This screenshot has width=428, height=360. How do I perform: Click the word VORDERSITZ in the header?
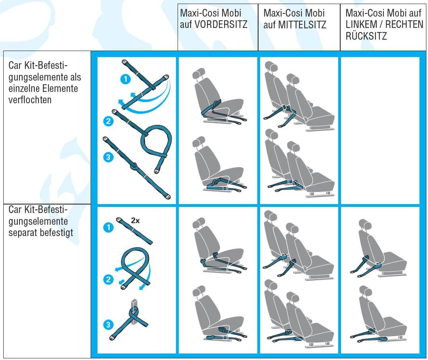(x=220, y=25)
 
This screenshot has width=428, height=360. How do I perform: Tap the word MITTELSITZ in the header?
(x=302, y=25)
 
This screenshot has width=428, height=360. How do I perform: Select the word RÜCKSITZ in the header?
(x=366, y=36)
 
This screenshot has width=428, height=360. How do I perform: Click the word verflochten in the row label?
(x=30, y=100)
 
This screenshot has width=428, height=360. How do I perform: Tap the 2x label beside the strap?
(x=135, y=220)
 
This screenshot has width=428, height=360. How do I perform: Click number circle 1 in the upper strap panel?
(x=125, y=79)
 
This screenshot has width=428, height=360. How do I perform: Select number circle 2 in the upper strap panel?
(x=108, y=121)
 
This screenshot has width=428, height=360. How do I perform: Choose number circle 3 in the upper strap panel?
(x=108, y=157)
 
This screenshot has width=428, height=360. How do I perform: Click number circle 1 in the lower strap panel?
(x=108, y=227)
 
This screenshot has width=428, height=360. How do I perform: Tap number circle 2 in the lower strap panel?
(x=108, y=279)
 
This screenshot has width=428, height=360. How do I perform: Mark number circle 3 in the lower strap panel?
(x=108, y=324)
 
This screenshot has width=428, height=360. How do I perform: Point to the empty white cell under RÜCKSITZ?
(x=380, y=130)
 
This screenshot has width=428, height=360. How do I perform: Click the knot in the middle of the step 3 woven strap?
(x=134, y=166)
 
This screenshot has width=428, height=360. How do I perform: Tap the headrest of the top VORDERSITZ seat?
(x=199, y=73)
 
